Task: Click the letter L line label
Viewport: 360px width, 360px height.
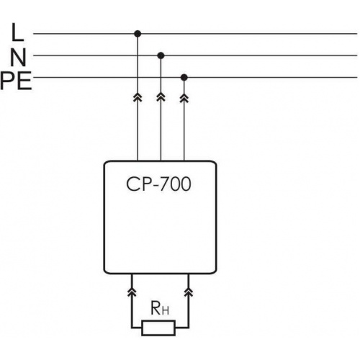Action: point(18,32)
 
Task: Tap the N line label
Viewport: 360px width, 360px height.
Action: point(19,58)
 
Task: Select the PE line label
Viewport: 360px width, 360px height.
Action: point(16,81)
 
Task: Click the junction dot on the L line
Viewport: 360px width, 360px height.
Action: point(138,34)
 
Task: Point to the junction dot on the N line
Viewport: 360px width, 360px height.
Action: point(161,55)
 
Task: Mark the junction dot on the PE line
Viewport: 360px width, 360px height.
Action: point(184,78)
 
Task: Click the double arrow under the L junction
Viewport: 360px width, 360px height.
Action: point(138,97)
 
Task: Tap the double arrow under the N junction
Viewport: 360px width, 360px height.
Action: point(161,97)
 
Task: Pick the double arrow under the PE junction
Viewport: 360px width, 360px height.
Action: point(184,97)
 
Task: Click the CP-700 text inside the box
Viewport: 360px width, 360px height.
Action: point(158,184)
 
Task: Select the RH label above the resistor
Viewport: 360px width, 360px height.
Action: point(160,308)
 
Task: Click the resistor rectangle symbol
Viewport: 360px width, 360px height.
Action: point(158,328)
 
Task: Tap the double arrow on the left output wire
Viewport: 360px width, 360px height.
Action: point(132,292)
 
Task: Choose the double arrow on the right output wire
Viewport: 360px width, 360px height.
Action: point(189,292)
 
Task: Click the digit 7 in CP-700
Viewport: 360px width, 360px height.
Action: point(164,184)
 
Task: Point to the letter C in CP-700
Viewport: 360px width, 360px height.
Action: point(132,184)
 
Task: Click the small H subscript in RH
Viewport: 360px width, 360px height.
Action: point(166,311)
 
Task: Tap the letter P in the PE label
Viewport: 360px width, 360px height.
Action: point(7,81)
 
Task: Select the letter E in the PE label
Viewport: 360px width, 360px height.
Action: point(24,81)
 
